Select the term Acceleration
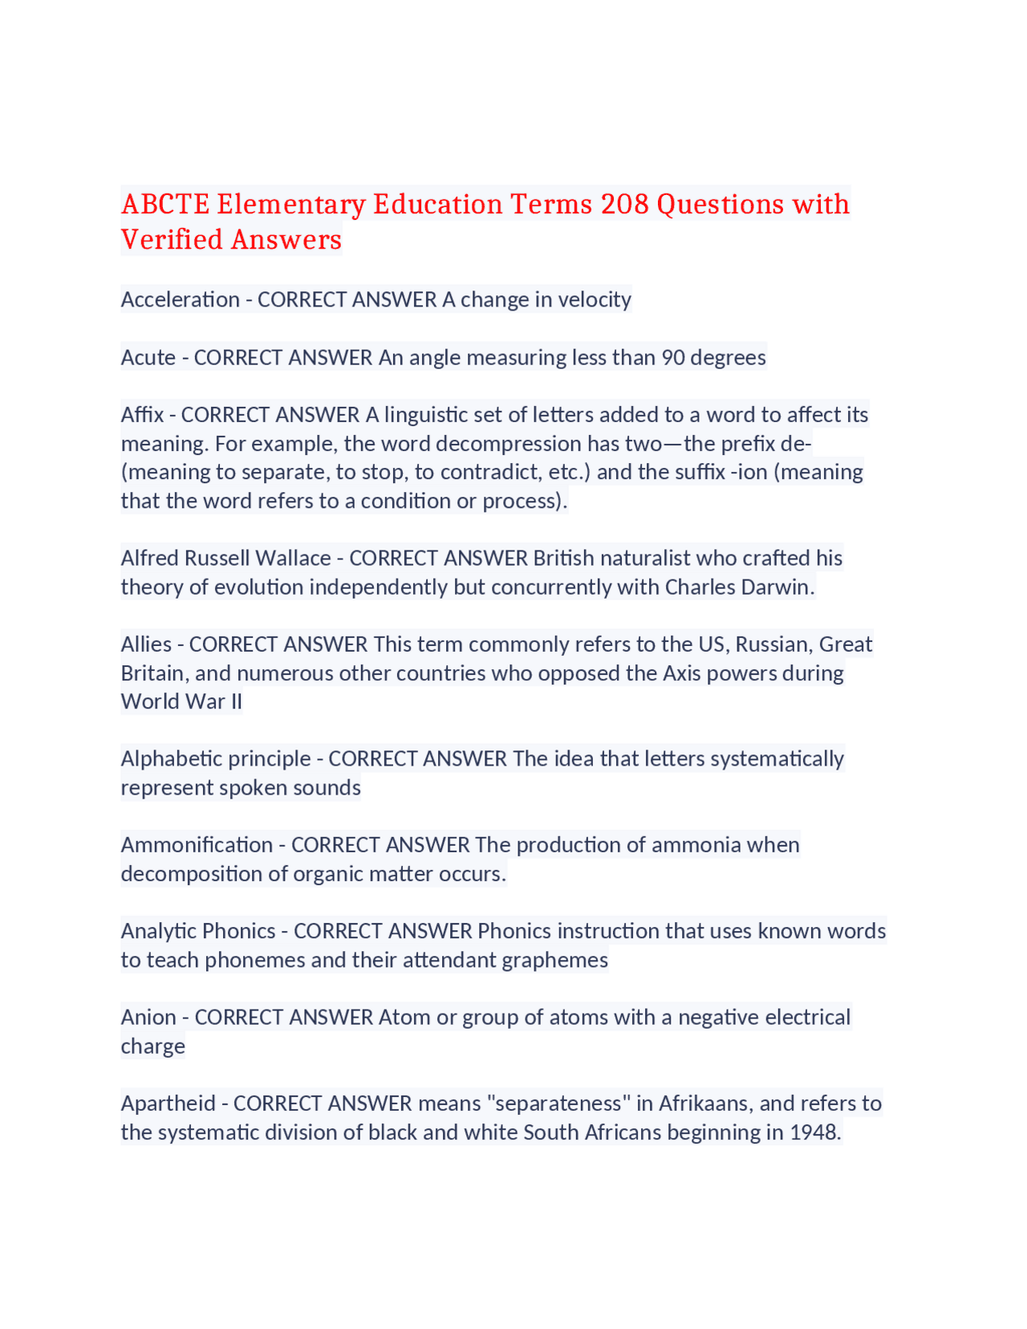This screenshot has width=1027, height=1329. [x=181, y=299]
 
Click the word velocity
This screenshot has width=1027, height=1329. [x=595, y=299]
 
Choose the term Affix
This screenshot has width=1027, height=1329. [x=142, y=414]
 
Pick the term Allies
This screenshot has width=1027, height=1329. [x=146, y=644]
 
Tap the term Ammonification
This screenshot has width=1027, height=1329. [x=197, y=844]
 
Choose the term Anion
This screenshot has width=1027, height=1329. [x=148, y=1017]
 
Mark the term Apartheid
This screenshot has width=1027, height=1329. [x=168, y=1103]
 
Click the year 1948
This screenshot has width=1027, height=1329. [x=814, y=1132]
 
